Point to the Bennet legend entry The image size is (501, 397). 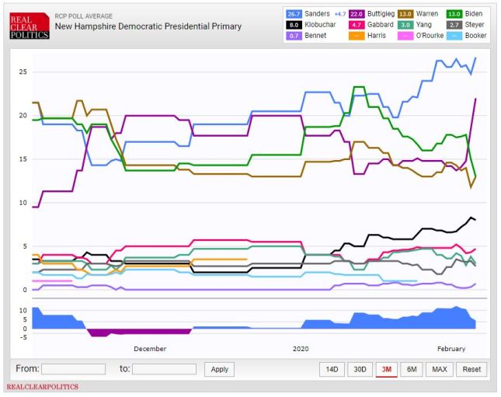[x=307, y=35]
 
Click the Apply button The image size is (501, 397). [x=220, y=369]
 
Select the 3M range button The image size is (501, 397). [x=386, y=369]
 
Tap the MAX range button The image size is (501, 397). [x=439, y=369]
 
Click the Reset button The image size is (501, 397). [x=471, y=369]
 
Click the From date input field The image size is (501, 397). [x=73, y=369]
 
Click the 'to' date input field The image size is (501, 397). [x=164, y=369]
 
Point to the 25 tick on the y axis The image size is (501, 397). [x=23, y=71]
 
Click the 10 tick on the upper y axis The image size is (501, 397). [x=23, y=203]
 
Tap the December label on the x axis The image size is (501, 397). [x=149, y=349]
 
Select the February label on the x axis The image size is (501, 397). [x=451, y=349]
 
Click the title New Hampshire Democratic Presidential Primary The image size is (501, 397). [x=148, y=26]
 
